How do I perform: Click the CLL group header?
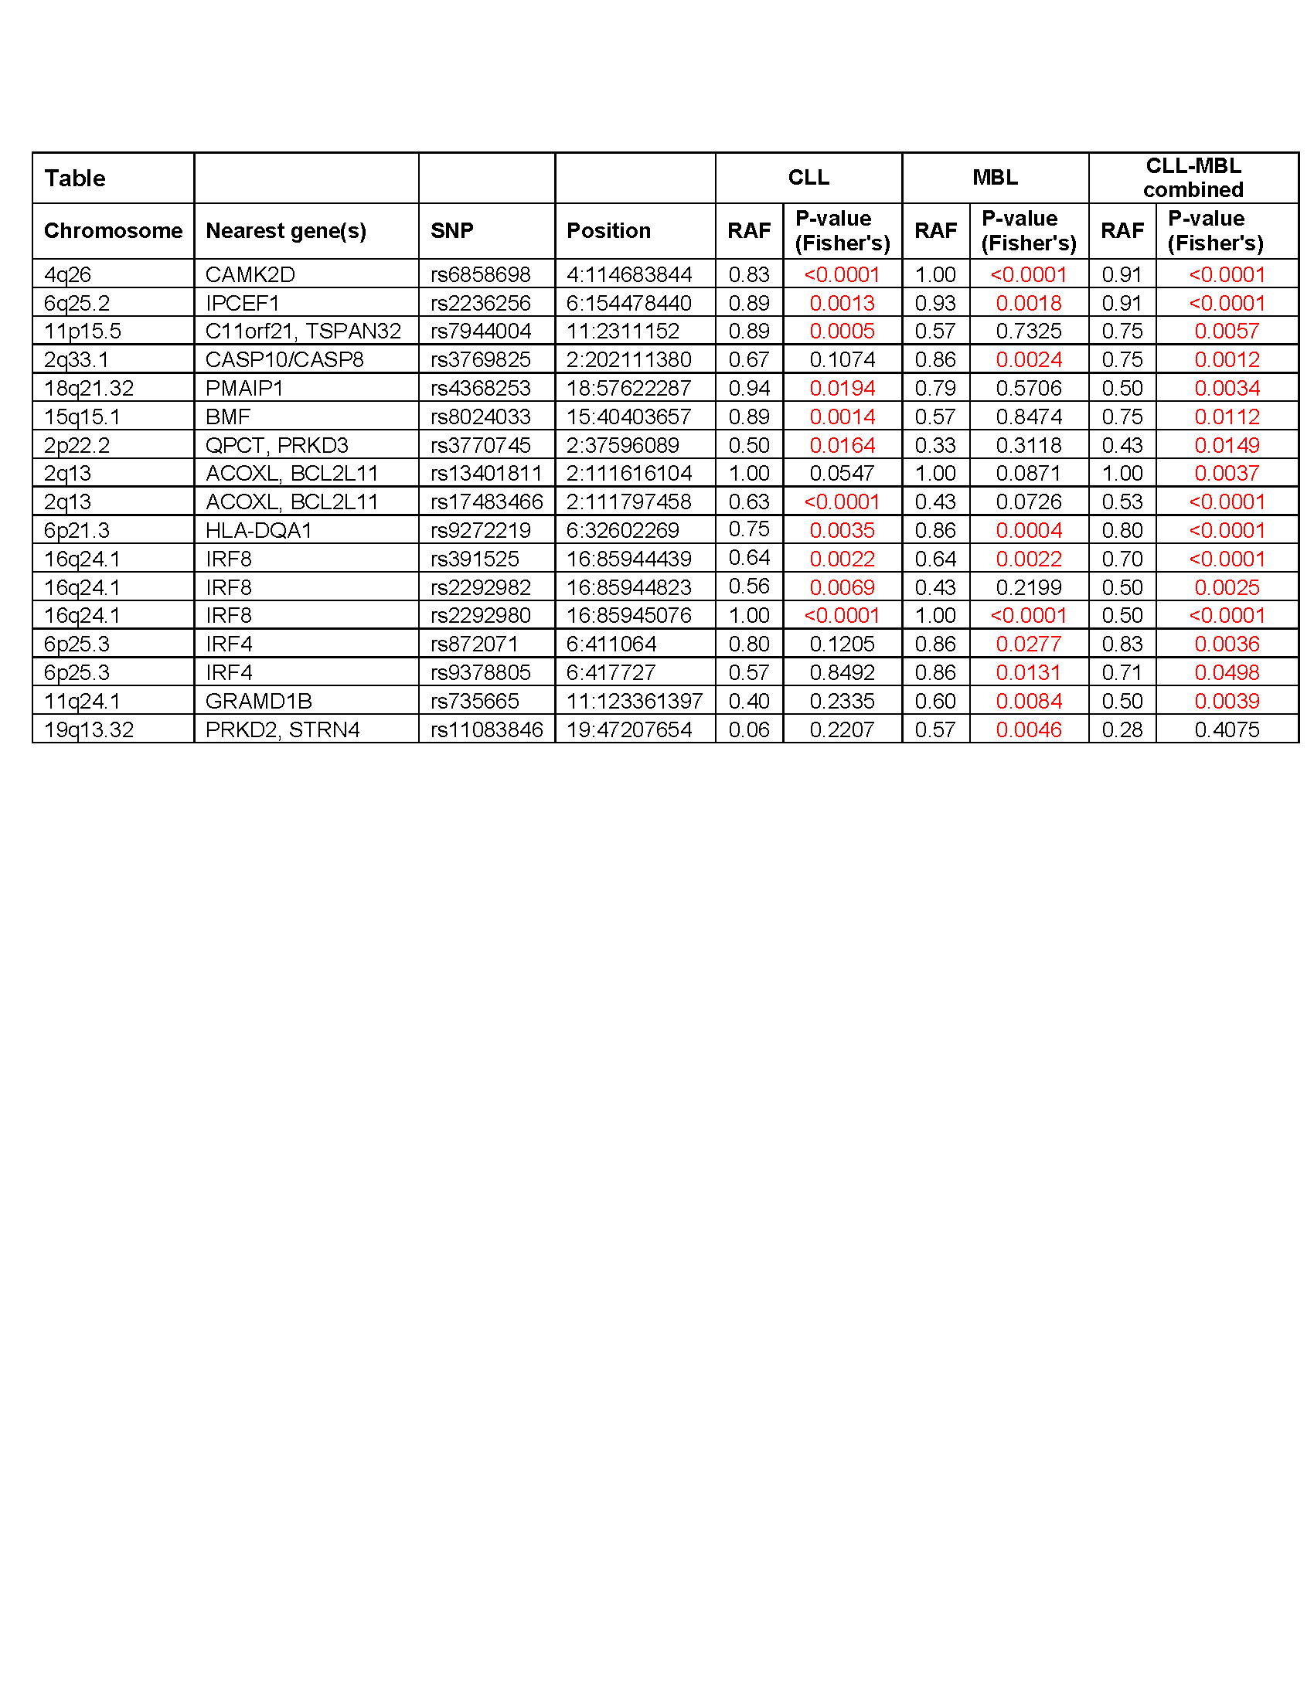click(x=808, y=178)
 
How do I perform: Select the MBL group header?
click(x=995, y=178)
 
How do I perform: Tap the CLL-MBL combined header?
click(x=1193, y=178)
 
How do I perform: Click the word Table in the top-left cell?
click(x=75, y=178)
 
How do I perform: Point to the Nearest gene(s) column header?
click(x=286, y=230)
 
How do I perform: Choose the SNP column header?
click(x=451, y=230)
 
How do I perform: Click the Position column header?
click(x=608, y=230)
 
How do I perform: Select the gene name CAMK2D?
click(x=250, y=275)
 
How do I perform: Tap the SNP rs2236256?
click(x=480, y=303)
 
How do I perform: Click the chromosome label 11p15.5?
click(x=83, y=331)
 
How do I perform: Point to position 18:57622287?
click(x=628, y=389)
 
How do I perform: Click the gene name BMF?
click(x=228, y=417)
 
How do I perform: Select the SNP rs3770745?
click(x=480, y=445)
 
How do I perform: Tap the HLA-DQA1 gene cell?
click(x=258, y=531)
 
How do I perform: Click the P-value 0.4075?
click(x=1226, y=730)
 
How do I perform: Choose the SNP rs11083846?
click(x=486, y=730)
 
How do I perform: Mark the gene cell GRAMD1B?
click(x=258, y=702)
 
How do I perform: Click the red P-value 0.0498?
click(x=1226, y=672)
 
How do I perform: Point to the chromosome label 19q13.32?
click(x=89, y=730)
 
